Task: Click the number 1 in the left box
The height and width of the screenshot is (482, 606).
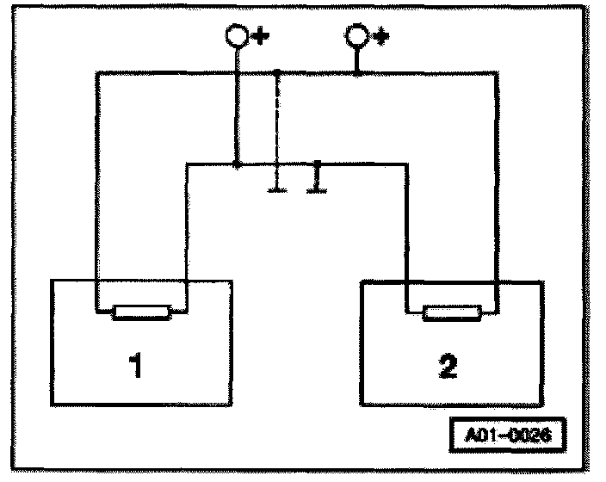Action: pos(135,365)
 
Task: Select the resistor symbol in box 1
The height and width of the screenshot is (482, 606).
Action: pos(142,312)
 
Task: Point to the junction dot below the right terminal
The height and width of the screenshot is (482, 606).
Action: pos(356,74)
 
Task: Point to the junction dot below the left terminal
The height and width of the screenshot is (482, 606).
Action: pos(236,163)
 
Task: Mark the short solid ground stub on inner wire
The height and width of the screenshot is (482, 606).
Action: pos(317,177)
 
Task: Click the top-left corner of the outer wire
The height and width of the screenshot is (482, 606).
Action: pos(96,74)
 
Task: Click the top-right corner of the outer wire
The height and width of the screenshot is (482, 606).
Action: pos(497,74)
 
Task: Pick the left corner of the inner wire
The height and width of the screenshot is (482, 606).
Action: pos(187,164)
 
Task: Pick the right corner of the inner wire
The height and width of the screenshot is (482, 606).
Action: pos(406,164)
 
